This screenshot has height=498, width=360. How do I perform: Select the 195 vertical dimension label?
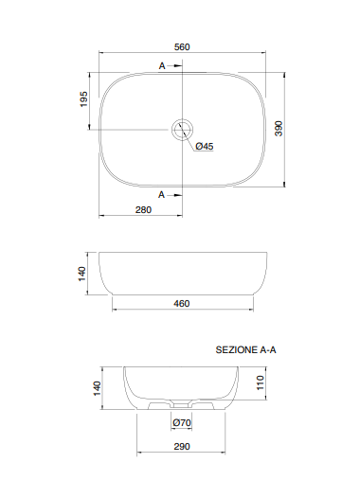pyautogui.click(x=83, y=99)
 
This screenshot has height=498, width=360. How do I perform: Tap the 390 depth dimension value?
pyautogui.click(x=279, y=129)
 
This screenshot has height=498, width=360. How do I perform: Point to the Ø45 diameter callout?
pyautogui.click(x=205, y=147)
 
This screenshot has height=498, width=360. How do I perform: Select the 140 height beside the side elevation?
pyautogui.click(x=82, y=274)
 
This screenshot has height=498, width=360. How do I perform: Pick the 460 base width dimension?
pyautogui.click(x=183, y=303)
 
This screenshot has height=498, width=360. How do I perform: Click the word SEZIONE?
pyautogui.click(x=236, y=349)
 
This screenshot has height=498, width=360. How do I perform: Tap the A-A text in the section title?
pyautogui.click(x=268, y=349)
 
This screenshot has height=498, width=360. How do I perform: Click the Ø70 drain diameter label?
pyautogui.click(x=183, y=423)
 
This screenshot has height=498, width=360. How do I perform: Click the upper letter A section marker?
pyautogui.click(x=162, y=65)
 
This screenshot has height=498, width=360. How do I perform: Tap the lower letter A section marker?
pyautogui.click(x=162, y=193)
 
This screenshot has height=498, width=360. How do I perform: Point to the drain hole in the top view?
pyautogui.click(x=183, y=129)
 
